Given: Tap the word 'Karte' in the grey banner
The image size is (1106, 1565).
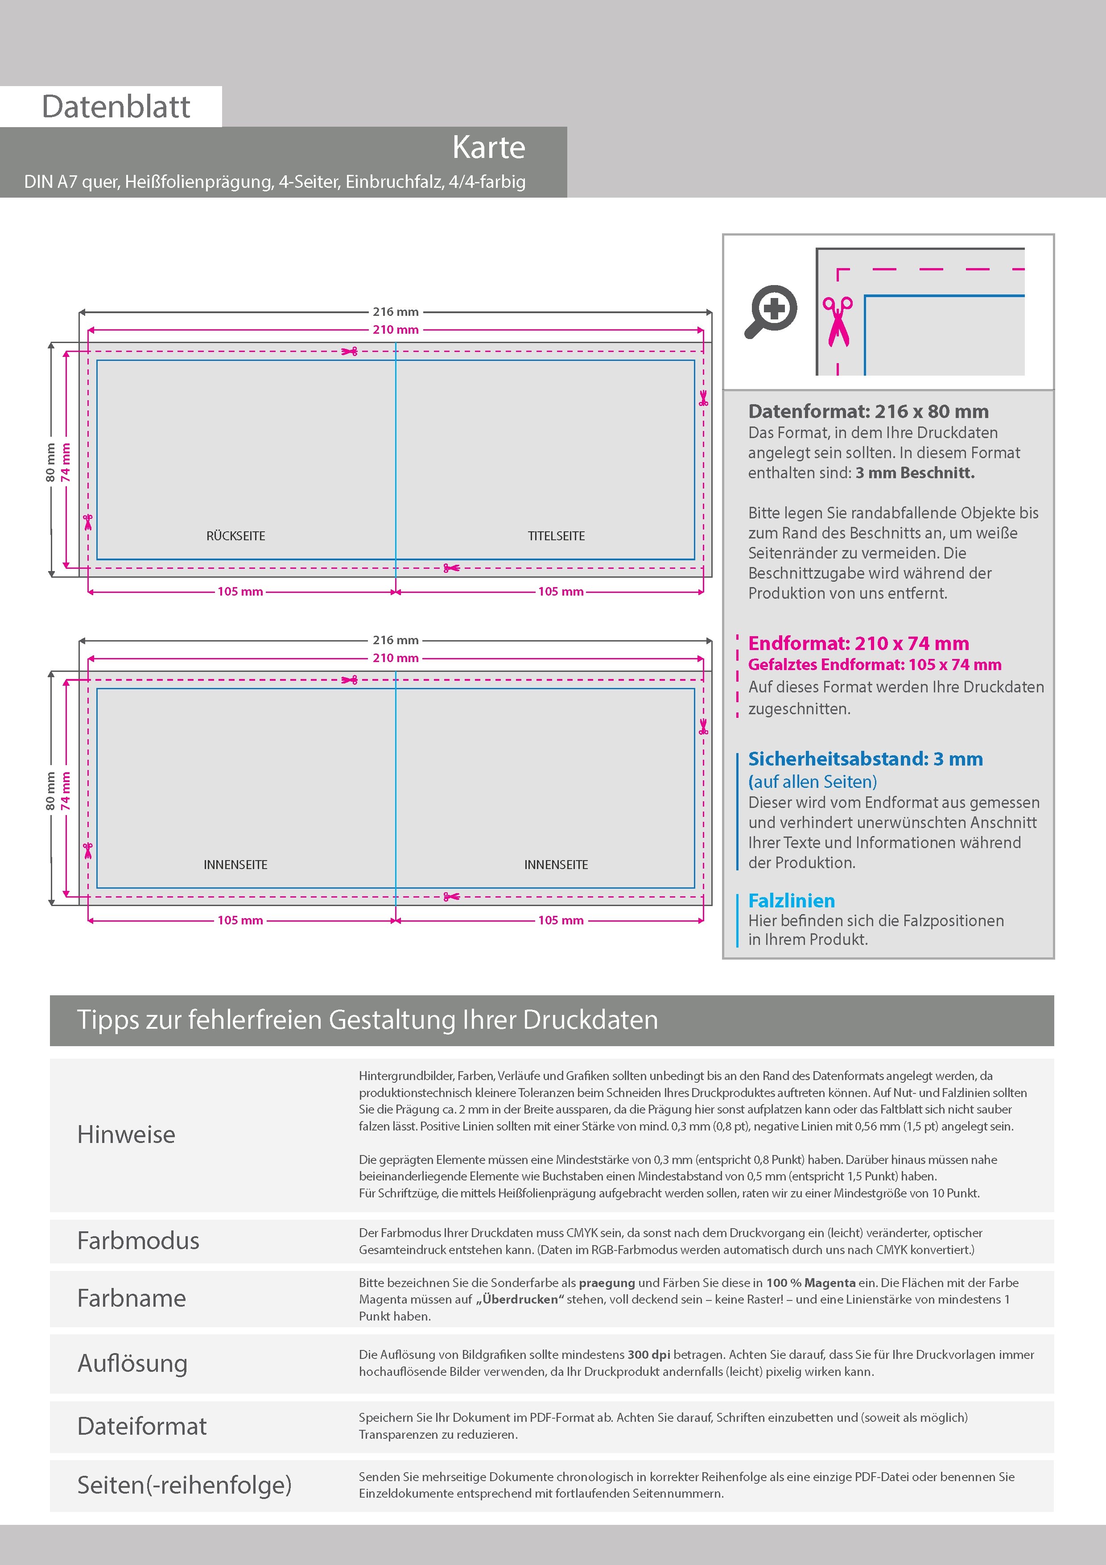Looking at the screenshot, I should click(489, 147).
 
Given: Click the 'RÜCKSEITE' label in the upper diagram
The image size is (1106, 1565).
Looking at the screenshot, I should click(236, 536).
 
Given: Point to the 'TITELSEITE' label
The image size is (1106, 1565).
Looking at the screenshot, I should click(556, 536).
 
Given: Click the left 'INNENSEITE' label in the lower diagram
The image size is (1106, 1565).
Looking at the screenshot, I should click(236, 864).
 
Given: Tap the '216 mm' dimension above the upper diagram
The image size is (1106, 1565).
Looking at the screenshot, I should click(395, 311).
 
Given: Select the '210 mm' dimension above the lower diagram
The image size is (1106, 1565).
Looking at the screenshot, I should click(395, 658).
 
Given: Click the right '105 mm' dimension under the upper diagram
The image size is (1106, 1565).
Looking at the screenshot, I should click(561, 592).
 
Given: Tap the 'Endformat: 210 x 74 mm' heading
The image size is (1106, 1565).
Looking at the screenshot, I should click(858, 643).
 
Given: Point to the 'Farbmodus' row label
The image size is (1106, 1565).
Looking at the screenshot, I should click(138, 1241).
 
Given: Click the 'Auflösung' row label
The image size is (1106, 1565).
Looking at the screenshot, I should click(132, 1363).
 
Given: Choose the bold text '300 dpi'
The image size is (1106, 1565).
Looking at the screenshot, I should click(648, 1354).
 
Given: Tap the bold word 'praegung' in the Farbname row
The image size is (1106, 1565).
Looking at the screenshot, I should click(607, 1283).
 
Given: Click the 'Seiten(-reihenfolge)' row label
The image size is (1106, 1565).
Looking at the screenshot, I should click(184, 1485).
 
